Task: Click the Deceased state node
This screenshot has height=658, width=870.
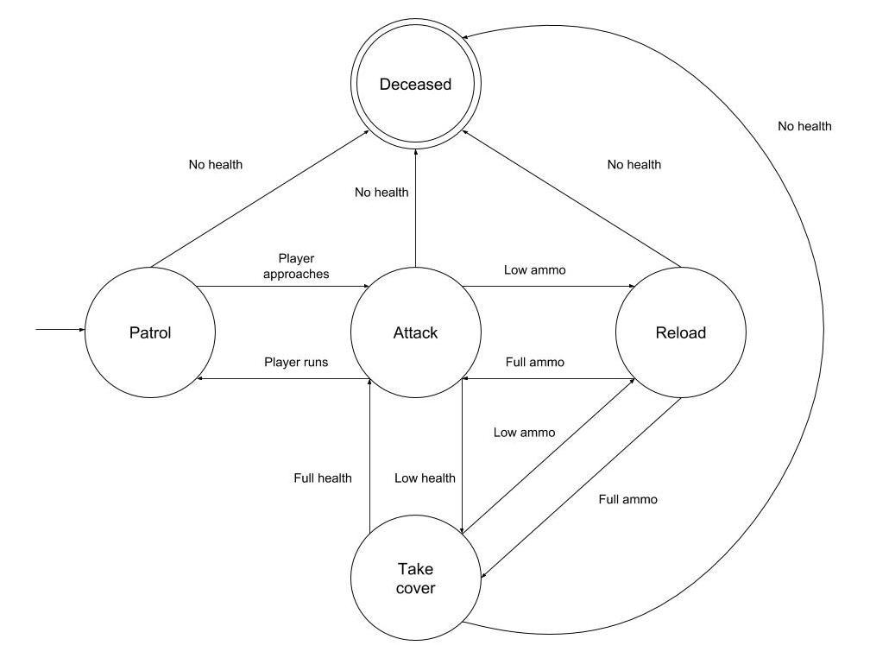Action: tap(416, 85)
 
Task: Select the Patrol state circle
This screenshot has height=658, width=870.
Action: tap(150, 332)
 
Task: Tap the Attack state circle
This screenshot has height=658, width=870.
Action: tap(416, 332)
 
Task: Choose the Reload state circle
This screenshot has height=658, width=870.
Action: tap(680, 332)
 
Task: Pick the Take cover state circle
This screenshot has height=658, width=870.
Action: tap(416, 579)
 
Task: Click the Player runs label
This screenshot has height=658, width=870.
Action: tap(296, 362)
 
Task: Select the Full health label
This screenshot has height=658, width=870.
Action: tap(322, 478)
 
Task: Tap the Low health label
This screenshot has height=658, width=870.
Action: tap(425, 478)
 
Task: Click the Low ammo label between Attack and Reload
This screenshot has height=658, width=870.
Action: tap(535, 270)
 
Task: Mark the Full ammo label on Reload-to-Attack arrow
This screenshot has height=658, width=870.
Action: tap(534, 362)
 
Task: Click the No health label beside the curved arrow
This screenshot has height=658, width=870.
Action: tap(804, 126)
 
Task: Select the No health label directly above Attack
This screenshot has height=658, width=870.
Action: tap(381, 193)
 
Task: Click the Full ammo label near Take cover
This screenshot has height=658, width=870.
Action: tap(628, 499)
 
